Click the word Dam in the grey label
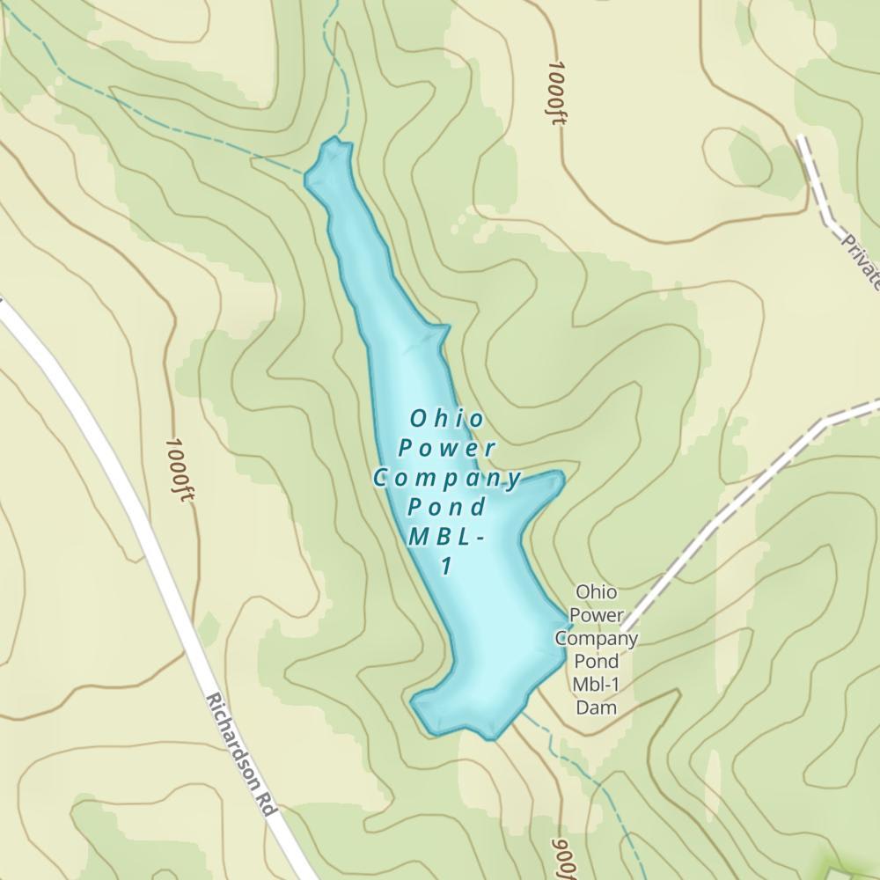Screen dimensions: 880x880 coord(595,707)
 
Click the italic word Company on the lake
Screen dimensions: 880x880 coord(447,478)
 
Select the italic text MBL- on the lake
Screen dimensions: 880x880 coord(446,537)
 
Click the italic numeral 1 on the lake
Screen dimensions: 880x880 coord(447,566)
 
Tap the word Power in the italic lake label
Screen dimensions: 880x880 coord(446,447)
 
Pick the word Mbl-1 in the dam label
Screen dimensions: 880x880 coord(596,684)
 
